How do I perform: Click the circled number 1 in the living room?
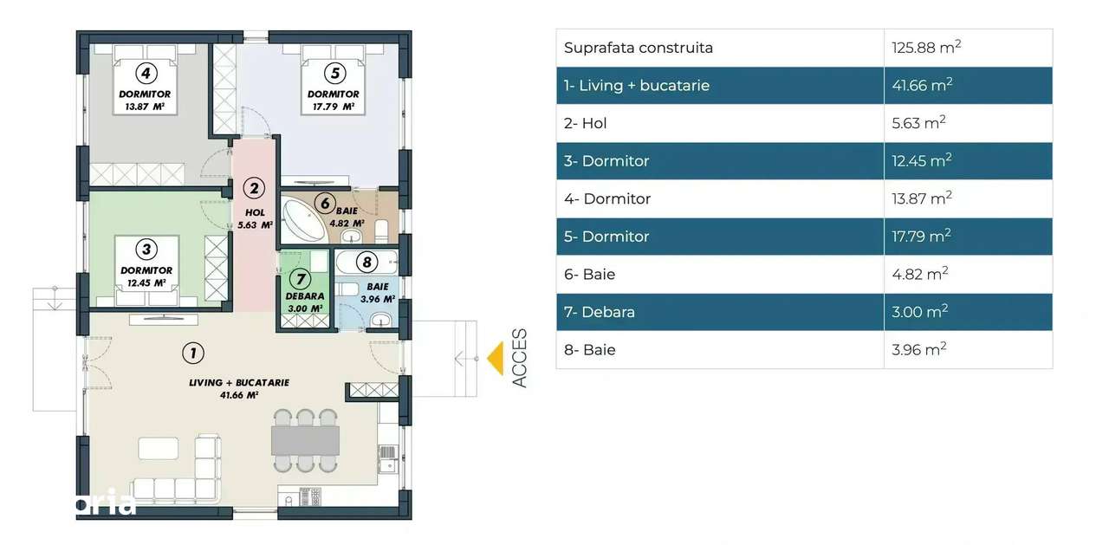[x=193, y=353]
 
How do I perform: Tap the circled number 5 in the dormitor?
[x=334, y=73]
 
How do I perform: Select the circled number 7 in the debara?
[x=301, y=279]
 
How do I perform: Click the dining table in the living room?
[x=304, y=441]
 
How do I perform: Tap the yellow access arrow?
[x=495, y=358]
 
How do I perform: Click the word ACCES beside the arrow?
[x=519, y=358]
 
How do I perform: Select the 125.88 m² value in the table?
[x=926, y=48]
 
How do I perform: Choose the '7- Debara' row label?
[x=598, y=312]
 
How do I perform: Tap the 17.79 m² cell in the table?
[x=921, y=237]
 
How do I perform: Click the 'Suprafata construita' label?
[x=639, y=48]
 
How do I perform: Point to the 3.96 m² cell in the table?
[x=918, y=350]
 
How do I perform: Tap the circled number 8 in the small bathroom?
[x=366, y=261]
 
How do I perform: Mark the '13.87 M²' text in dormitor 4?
[x=146, y=107]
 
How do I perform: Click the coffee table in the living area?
[x=159, y=448]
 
